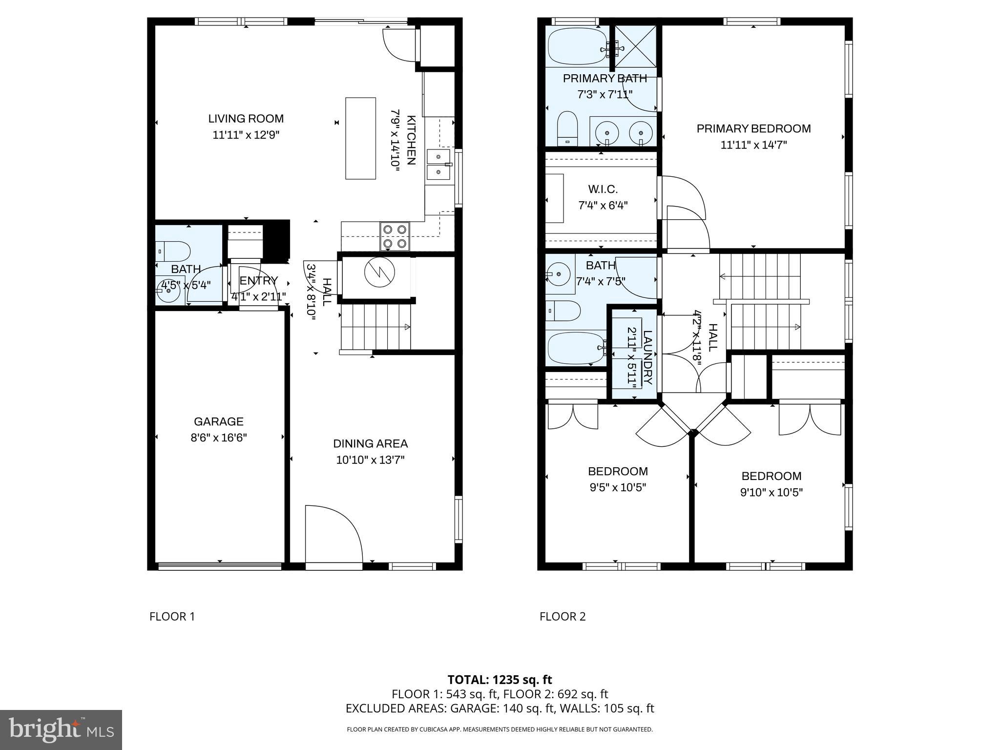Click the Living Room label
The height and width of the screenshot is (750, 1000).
point(246,119)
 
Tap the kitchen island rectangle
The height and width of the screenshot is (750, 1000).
point(360,138)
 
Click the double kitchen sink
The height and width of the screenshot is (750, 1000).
point(438,165)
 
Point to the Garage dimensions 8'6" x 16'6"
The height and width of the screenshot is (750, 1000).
point(218,437)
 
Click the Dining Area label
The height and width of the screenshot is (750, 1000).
point(370,443)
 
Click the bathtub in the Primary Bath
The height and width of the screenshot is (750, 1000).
point(578,47)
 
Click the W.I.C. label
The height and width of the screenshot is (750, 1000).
point(603,189)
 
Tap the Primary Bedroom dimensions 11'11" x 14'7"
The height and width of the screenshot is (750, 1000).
point(753,145)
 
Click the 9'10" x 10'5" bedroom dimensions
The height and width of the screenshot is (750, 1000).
point(771,492)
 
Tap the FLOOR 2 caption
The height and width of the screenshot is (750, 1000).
point(562,617)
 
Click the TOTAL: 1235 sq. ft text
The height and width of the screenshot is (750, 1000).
point(500,680)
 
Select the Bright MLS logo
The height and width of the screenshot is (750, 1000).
point(61,730)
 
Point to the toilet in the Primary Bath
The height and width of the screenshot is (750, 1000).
point(567,127)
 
